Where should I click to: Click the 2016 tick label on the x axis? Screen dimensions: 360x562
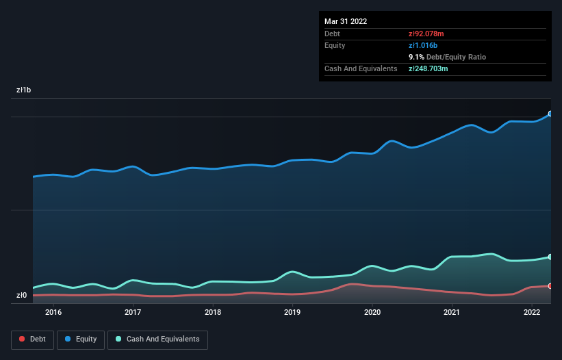pos(53,313)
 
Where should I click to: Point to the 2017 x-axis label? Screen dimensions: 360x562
pos(133,313)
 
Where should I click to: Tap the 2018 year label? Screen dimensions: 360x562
pos(213,313)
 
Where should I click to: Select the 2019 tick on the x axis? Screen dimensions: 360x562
pos(292,313)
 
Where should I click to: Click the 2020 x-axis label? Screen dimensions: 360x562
pos(372,313)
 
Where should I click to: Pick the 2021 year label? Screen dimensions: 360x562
pos(452,313)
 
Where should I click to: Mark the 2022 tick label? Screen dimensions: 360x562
pos(532,313)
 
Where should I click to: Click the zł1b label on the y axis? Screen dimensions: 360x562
pos(24,90)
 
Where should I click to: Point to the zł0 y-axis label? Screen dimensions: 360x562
pos(21,296)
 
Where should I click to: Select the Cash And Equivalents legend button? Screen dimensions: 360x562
pos(157,339)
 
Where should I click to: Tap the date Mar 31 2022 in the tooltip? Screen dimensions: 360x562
pos(346,21)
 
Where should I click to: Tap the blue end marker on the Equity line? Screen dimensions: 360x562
pos(550,114)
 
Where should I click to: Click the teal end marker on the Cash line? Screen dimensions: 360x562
pos(550,257)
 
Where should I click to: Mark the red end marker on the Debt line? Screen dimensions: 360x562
pos(550,286)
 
